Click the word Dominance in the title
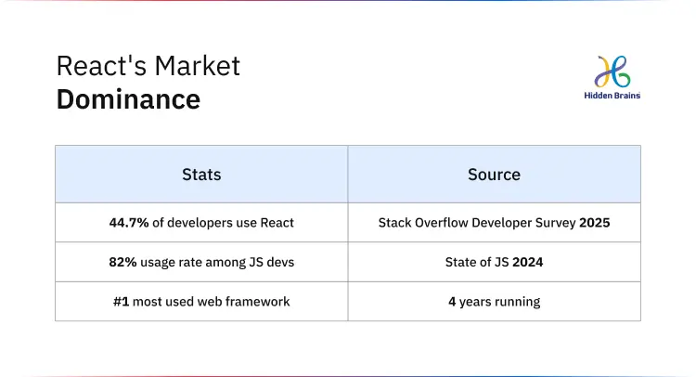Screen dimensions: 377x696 click(128, 98)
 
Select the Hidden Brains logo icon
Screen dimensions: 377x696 click(613, 72)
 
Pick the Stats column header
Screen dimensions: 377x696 click(201, 174)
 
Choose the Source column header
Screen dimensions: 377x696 click(494, 174)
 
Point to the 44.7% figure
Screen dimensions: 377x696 click(127, 223)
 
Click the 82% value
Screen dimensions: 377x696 click(122, 263)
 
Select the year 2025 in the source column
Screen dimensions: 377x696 click(594, 223)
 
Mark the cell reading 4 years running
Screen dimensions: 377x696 click(494, 302)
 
